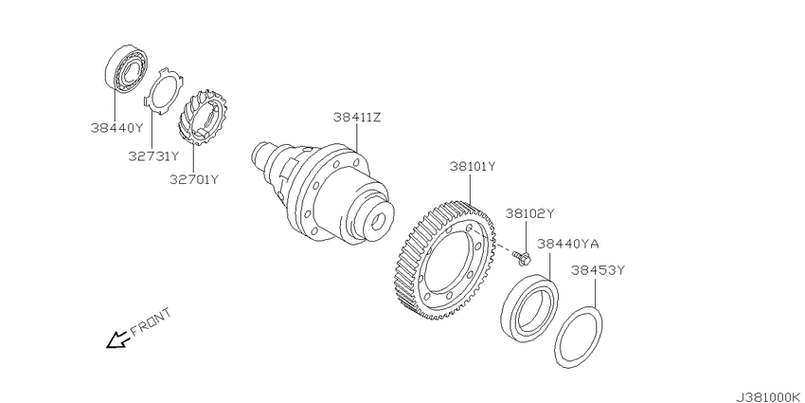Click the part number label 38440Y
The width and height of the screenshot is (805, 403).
click(116, 127)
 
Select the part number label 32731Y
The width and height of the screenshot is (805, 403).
click(153, 156)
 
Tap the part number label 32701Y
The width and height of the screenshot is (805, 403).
click(194, 179)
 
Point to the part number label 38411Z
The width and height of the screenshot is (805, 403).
click(357, 118)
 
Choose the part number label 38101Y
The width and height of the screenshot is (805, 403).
click(473, 167)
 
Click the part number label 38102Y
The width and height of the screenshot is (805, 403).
click(530, 212)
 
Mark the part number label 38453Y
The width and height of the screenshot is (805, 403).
click(596, 270)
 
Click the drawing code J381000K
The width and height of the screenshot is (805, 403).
click(770, 397)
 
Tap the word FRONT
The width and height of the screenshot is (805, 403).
click(151, 321)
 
